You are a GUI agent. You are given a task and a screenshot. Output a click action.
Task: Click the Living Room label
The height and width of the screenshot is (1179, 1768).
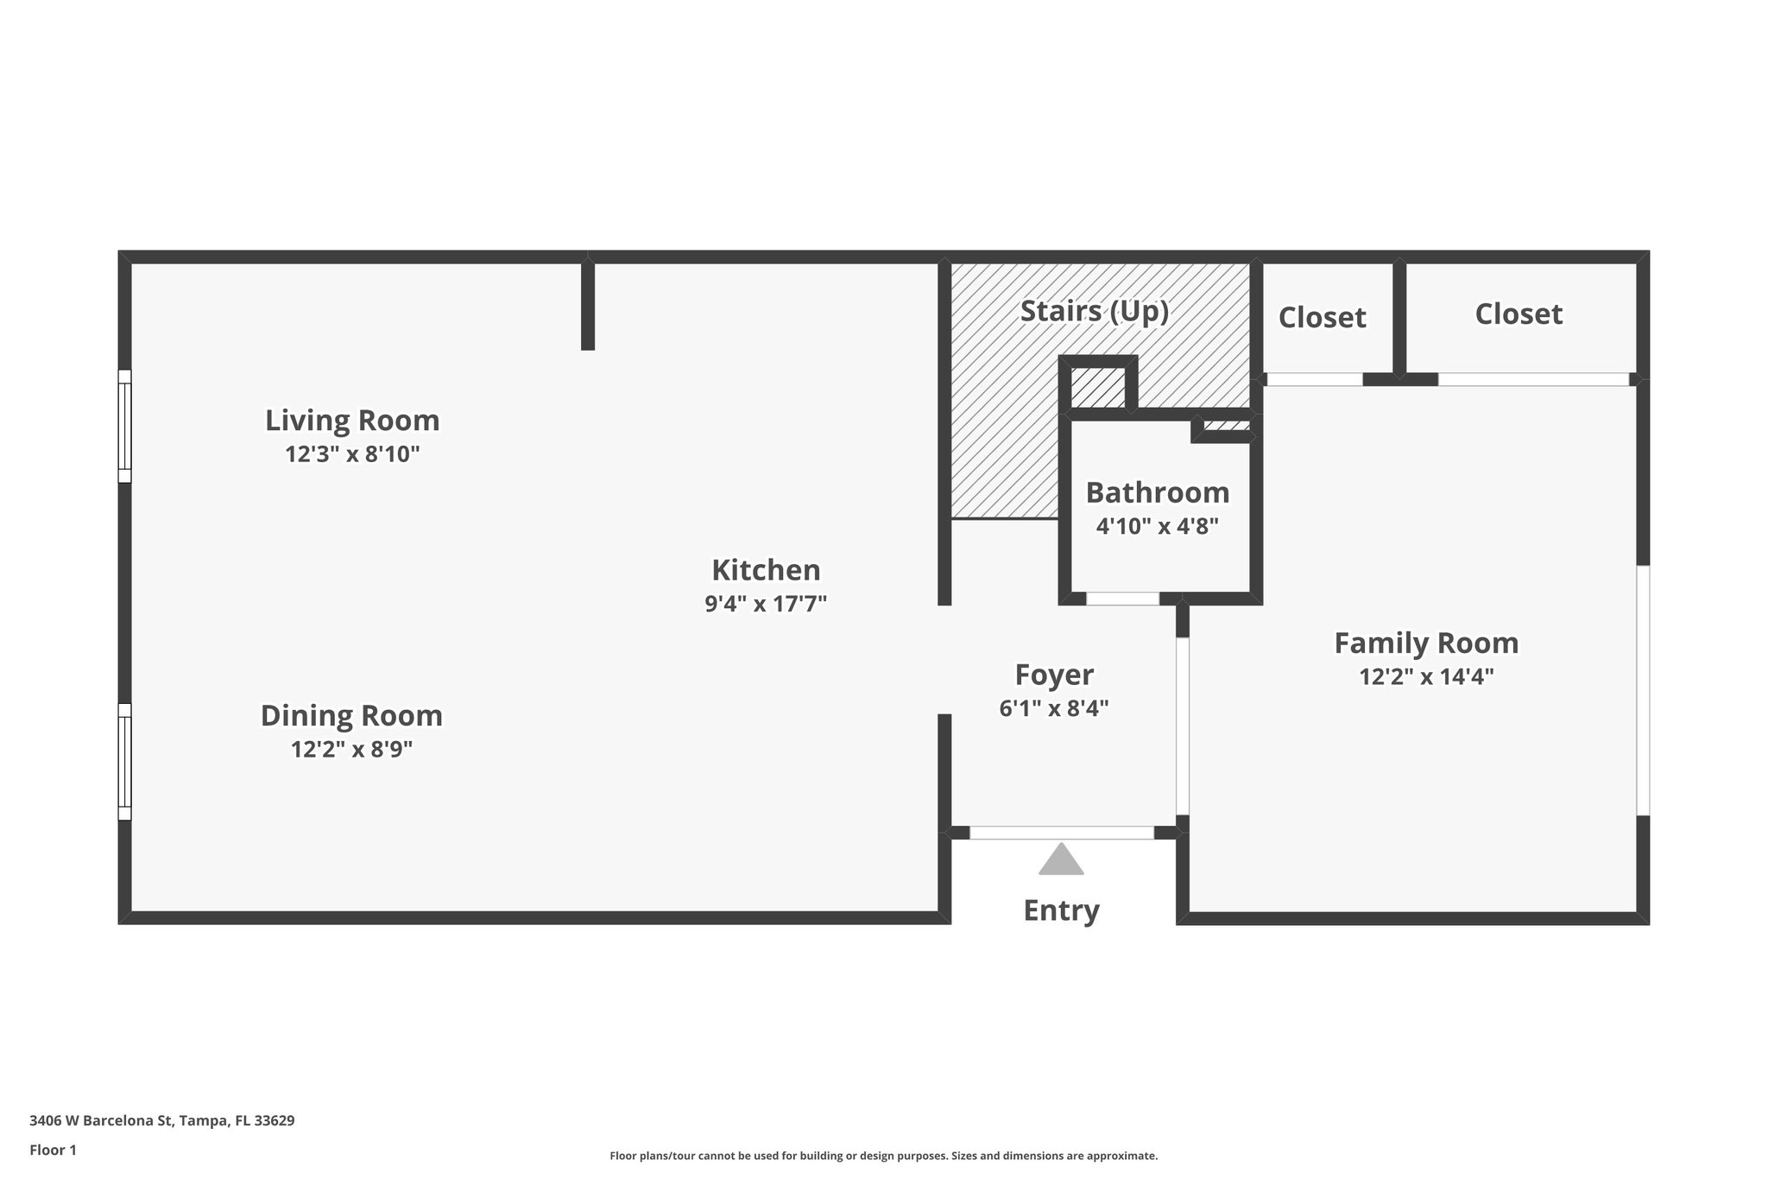[352, 421]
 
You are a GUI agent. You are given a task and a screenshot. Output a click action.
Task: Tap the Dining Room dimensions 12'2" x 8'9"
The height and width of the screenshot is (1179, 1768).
[351, 750]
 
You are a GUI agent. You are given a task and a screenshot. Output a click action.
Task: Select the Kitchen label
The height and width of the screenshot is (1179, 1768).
[766, 570]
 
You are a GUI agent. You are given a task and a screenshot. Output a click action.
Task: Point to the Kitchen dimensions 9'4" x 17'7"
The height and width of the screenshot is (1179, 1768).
[766, 604]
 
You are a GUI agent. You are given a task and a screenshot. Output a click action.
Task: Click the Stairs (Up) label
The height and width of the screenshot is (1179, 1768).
[1094, 311]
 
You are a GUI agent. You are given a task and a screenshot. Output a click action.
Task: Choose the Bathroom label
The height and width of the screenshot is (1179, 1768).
[1157, 492]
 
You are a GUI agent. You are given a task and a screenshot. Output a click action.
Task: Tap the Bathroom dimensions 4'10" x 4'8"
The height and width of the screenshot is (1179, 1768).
[1157, 526]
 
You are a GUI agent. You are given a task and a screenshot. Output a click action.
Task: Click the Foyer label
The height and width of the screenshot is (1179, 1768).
[1054, 675]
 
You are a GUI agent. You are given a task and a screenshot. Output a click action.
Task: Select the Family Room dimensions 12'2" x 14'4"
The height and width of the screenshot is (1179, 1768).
[1426, 676]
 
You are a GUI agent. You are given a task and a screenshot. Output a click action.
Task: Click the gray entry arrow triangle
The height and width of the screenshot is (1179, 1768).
[1061, 861]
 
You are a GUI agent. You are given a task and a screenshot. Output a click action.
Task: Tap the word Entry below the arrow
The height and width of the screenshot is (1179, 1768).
[1061, 910]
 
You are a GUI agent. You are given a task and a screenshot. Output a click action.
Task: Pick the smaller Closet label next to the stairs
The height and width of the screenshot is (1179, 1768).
[1322, 318]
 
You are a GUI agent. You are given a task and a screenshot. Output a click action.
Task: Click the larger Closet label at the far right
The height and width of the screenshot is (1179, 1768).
[1519, 314]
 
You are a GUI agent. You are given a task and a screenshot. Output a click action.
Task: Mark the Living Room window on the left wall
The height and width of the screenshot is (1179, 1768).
[125, 426]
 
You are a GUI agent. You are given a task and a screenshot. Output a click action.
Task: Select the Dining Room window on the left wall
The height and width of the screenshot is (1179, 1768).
[125, 761]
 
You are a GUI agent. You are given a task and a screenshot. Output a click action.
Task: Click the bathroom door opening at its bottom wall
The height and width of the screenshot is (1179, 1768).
[1122, 599]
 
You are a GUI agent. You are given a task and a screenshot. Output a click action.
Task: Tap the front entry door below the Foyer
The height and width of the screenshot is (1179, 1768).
[1062, 833]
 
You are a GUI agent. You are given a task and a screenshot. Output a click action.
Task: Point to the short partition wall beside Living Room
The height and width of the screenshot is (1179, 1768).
[588, 305]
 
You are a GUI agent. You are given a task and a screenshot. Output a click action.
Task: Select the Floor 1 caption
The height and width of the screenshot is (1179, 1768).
[53, 1150]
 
